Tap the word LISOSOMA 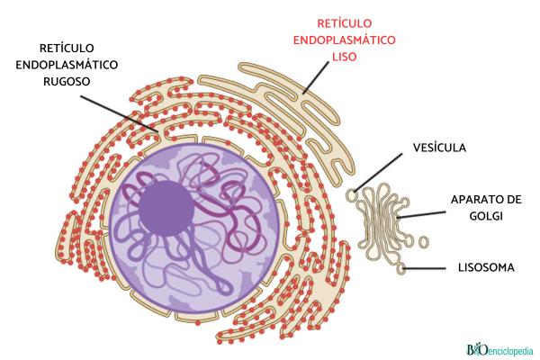tap(482, 267)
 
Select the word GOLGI tap(484, 216)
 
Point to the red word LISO tap(345, 56)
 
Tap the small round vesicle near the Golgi tap(353, 193)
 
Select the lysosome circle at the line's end tap(405, 266)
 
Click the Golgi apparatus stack tap(382, 220)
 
